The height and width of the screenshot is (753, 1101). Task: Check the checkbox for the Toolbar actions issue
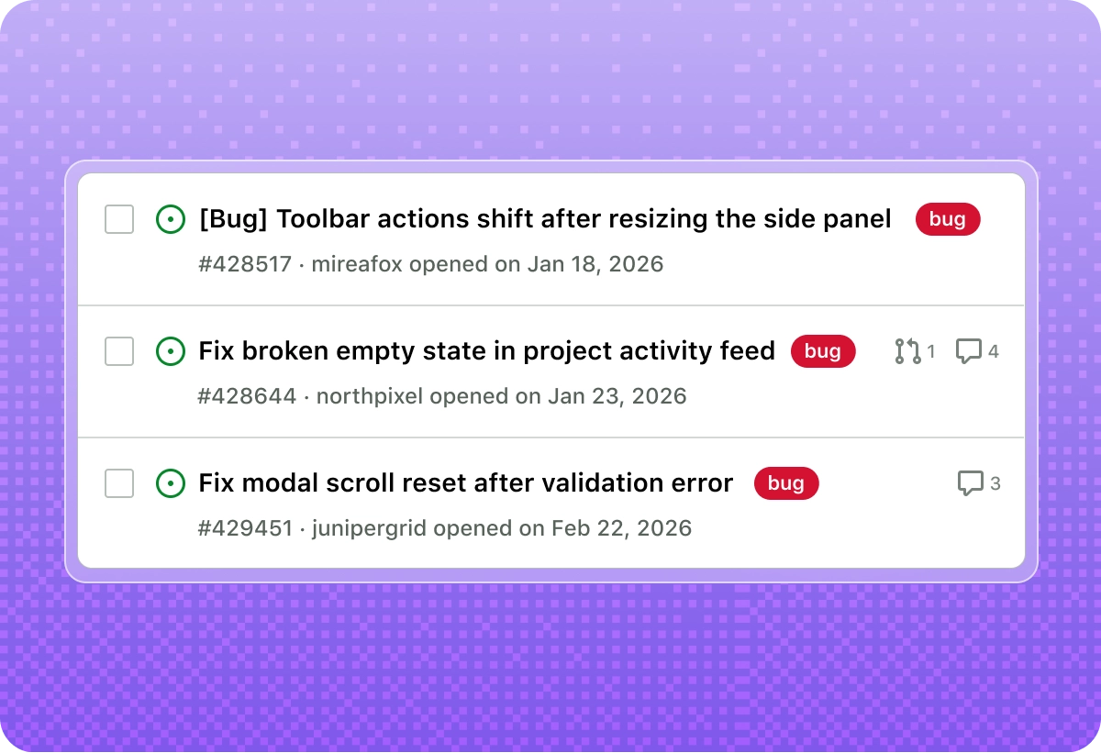coord(119,219)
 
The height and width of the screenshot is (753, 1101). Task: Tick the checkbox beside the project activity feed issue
coord(119,351)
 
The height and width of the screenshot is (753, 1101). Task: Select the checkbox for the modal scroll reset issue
coord(119,483)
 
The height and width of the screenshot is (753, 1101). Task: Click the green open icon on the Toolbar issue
coord(171,219)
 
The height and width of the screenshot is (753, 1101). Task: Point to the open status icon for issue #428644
coord(171,351)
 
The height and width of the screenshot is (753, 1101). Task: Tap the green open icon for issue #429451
coord(171,483)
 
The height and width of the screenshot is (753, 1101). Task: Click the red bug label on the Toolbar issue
coord(948,219)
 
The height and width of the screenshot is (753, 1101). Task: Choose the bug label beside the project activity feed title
coord(823,351)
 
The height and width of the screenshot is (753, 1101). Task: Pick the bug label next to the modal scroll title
coord(786,483)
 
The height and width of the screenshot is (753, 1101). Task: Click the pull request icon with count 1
coord(907,351)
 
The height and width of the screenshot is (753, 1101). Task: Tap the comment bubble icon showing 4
coord(969,351)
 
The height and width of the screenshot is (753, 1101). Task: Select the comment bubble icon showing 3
coord(971,483)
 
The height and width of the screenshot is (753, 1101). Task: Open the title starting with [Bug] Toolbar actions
coord(545,219)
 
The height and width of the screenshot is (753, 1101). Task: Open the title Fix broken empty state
coord(486,351)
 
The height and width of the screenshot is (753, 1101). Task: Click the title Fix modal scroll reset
coord(466,483)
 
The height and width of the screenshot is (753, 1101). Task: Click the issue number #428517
coord(245,265)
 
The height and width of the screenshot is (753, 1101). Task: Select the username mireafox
coord(358,265)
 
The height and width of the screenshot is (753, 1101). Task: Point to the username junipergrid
coord(370,529)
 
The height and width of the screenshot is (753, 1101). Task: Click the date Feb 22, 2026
coord(621,529)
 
